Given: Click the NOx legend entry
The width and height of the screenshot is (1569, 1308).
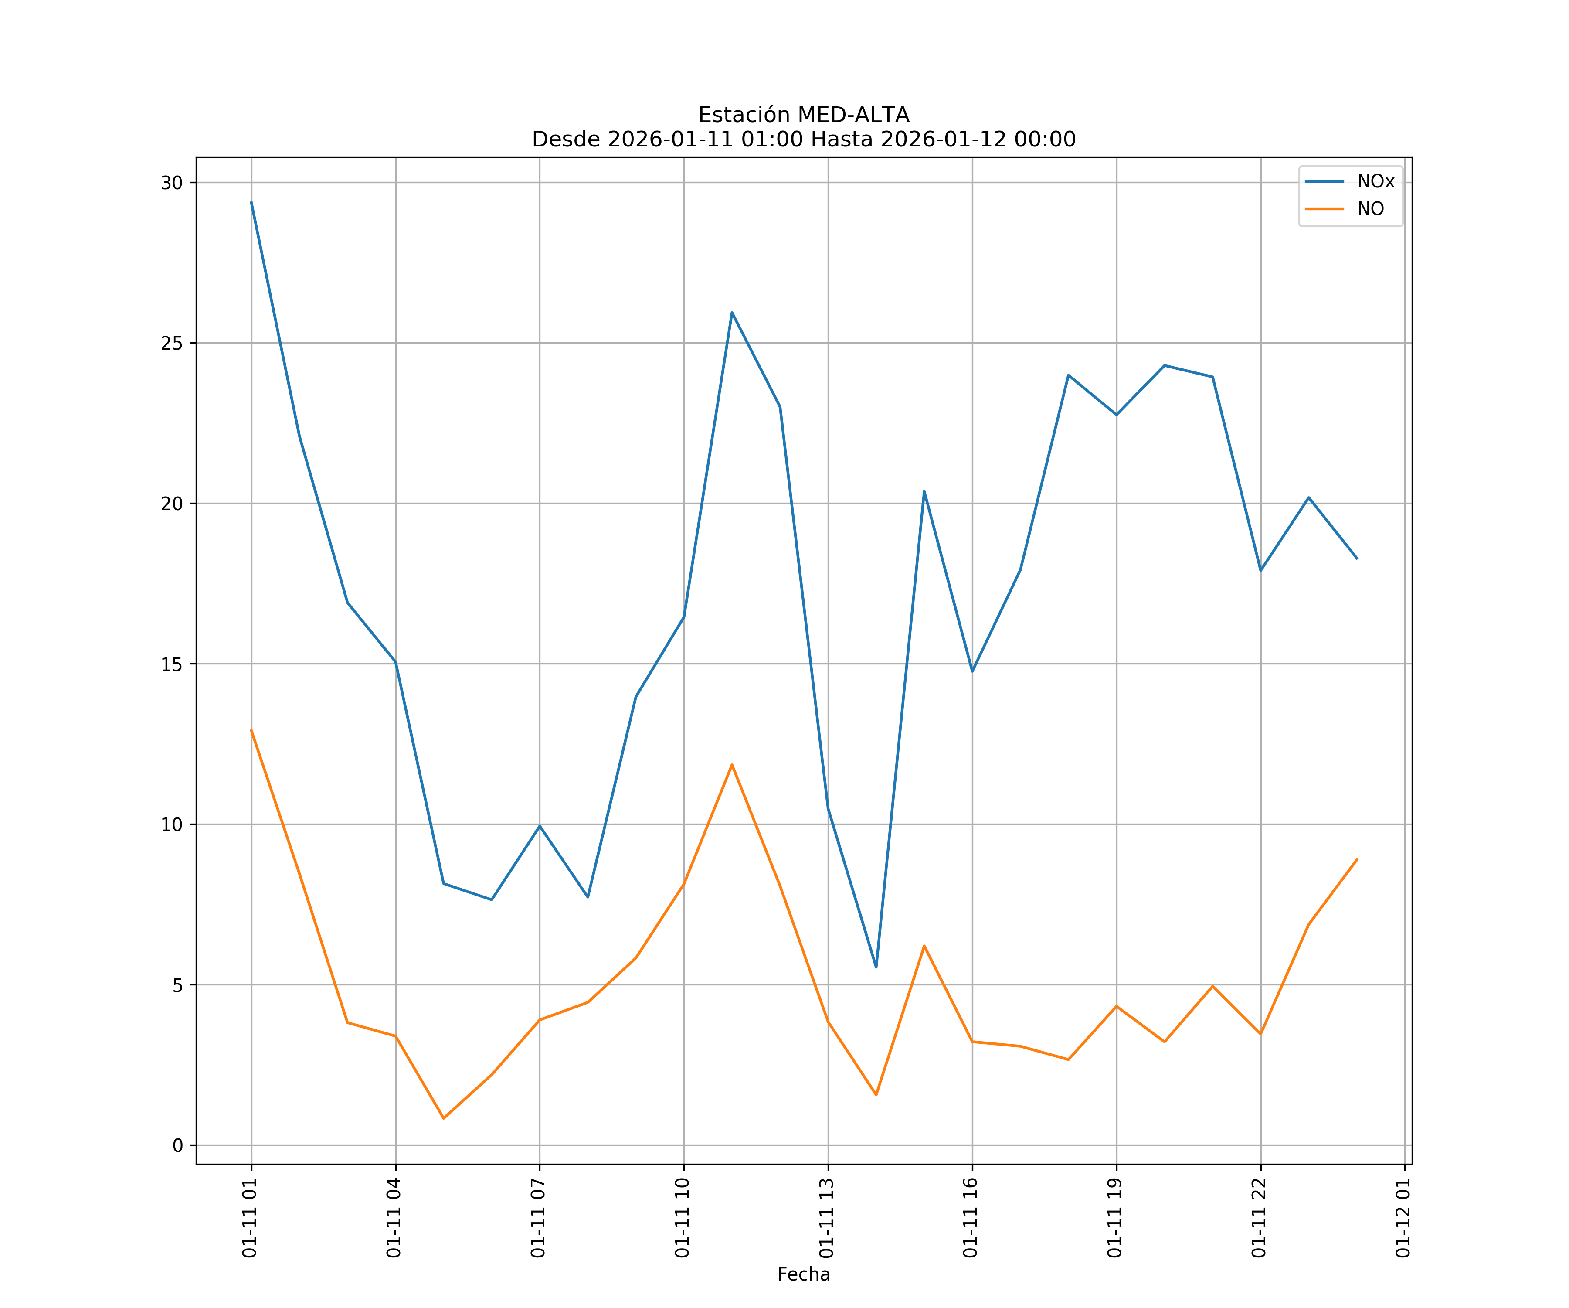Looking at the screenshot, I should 1375,182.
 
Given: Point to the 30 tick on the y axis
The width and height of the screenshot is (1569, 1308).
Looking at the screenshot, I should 172,182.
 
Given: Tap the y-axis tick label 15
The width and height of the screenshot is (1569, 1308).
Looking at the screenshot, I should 172,664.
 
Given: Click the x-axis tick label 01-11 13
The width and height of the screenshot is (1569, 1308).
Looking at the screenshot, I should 826,1218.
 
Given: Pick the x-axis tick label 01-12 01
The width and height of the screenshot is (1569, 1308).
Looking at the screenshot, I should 1403,1218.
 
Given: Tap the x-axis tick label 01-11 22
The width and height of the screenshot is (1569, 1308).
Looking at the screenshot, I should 1259,1218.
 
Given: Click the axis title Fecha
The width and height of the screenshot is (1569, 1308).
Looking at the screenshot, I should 803,1274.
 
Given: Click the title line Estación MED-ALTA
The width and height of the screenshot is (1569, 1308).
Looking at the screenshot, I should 803,115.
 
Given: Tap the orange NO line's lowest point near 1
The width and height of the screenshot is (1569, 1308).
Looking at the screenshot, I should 443,1118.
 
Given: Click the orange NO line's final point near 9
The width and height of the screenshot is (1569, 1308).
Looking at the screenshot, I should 1357,859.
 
